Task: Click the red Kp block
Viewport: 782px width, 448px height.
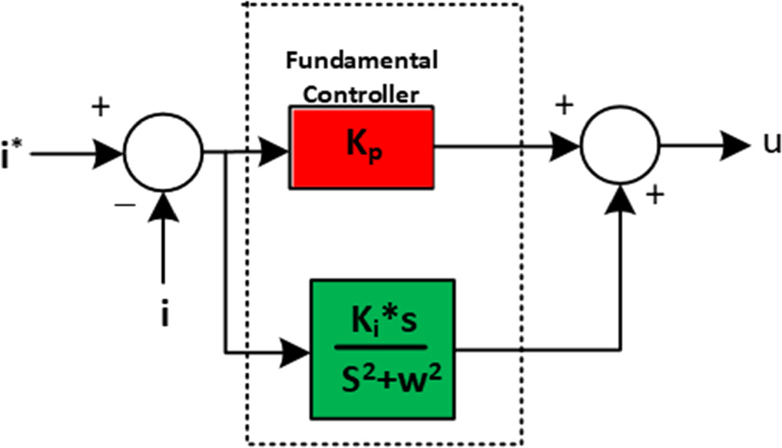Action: pos(362,147)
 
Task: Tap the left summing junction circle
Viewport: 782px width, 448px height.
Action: pos(163,152)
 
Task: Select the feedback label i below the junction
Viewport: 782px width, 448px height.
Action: pos(164,315)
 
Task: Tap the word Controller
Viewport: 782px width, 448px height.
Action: pos(362,94)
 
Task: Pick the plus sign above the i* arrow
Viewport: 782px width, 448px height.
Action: pos(101,108)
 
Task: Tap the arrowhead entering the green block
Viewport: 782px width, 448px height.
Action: pos(297,353)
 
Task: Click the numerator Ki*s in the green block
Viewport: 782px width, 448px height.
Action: pos(383,322)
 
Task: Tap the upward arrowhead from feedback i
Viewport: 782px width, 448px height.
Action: pos(163,204)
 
